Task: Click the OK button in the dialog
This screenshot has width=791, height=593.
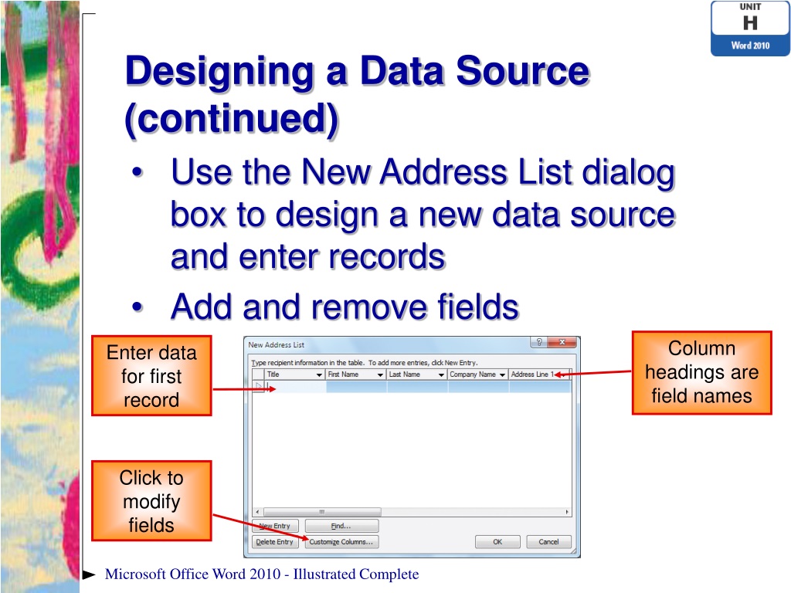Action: coord(497,542)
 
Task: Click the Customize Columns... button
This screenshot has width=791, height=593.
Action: coord(341,542)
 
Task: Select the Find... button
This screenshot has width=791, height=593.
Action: coord(341,526)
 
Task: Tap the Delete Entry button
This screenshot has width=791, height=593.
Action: coord(275,542)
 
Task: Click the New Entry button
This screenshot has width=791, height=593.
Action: coord(275,526)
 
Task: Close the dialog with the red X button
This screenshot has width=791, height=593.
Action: coord(562,343)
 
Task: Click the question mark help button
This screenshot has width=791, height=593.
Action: coord(538,343)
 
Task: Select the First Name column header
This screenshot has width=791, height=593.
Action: coord(349,374)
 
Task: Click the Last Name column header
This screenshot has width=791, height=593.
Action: coord(410,374)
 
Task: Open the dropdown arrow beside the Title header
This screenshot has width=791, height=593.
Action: coord(319,375)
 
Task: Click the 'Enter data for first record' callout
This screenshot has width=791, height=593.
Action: coord(151,376)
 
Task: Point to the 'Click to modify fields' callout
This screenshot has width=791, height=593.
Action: coord(151,501)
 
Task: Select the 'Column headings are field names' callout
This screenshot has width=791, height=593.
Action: coord(701,372)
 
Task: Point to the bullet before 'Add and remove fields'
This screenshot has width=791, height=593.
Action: coord(137,308)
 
